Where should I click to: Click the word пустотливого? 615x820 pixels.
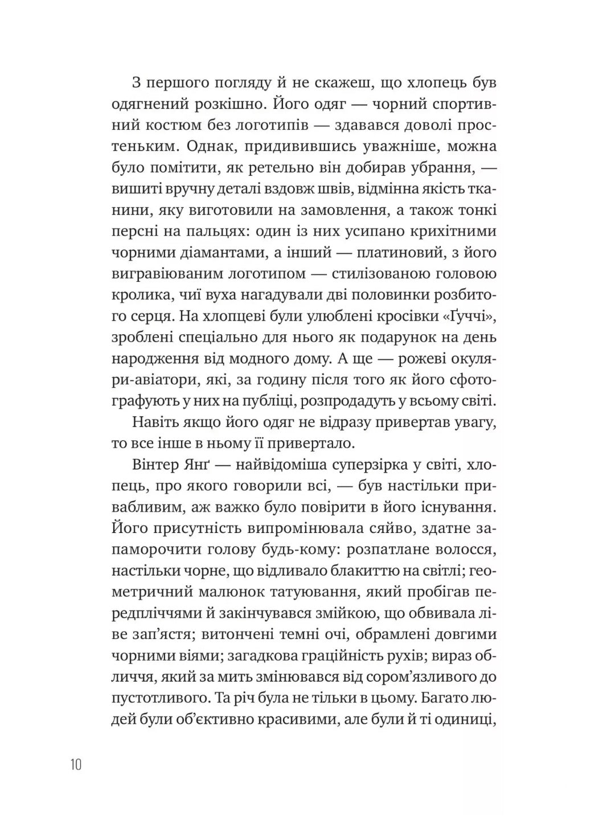pyautogui.click(x=175, y=698)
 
